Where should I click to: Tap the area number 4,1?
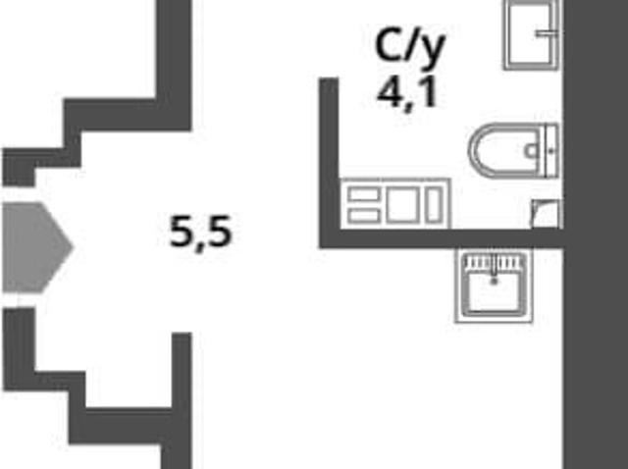coord(407,95)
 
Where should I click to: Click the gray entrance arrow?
coord(36,247)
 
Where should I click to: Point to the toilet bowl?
coord(508,150)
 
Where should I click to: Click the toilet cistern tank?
coord(551,150)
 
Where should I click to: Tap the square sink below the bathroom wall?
coord(494,287)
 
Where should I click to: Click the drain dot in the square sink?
coord(495,282)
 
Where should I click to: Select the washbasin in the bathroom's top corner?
coord(531,34)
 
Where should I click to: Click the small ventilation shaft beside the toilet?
coord(547,214)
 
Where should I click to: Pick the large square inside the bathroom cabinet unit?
coord(403,205)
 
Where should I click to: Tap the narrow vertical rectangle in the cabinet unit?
coord(434,205)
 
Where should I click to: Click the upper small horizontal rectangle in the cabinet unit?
coord(364,195)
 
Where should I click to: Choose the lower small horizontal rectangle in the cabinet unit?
coord(364,216)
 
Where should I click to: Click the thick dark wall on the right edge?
coord(596,234)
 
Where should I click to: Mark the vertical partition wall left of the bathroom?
coord(330,162)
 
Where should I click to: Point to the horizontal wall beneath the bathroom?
coord(442,238)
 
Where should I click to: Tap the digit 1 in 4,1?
coord(429,92)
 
